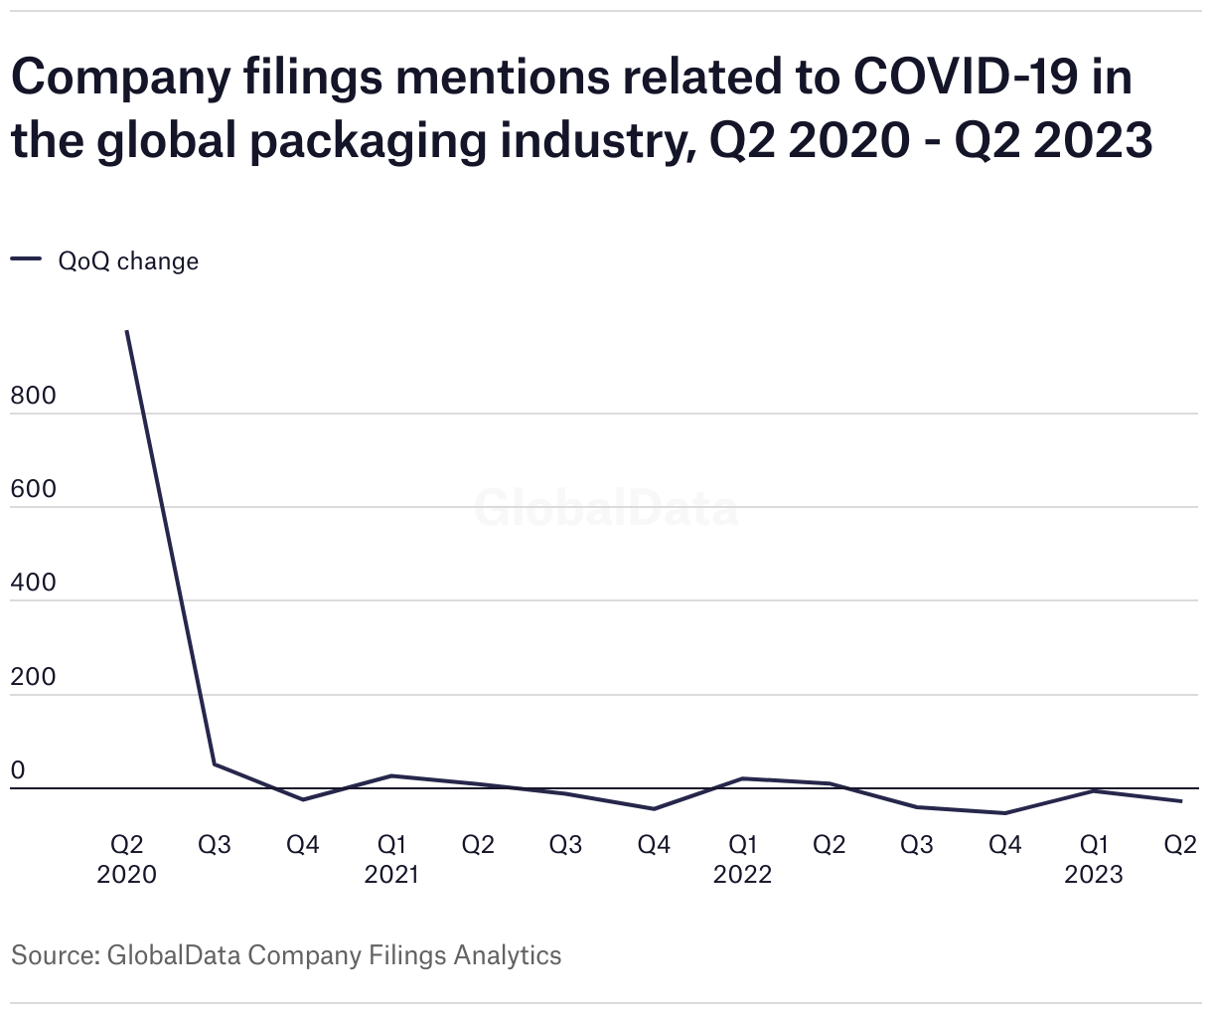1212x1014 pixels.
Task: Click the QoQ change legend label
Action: tap(128, 261)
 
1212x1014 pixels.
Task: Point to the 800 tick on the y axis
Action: tap(33, 396)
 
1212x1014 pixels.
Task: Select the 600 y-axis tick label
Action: tap(33, 489)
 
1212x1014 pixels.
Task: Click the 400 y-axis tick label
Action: tap(33, 583)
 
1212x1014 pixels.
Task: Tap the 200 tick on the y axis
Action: tap(33, 677)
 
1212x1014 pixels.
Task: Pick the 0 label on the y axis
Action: tap(17, 770)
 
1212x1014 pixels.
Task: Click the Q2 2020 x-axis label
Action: tap(127, 859)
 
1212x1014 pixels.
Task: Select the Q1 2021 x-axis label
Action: tap(390, 859)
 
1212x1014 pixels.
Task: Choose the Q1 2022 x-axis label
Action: tap(742, 859)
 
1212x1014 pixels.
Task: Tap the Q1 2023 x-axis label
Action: tap(1093, 859)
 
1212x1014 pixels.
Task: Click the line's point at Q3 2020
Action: tap(215, 764)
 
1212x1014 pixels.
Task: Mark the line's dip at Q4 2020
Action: tap(303, 799)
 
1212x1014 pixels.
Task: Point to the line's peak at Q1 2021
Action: tap(390, 775)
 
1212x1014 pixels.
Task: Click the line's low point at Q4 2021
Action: tap(654, 809)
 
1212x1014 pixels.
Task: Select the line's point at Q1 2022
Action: tap(742, 778)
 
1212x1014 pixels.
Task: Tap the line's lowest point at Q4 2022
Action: tap(1005, 813)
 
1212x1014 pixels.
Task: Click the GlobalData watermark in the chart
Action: tap(606, 508)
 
